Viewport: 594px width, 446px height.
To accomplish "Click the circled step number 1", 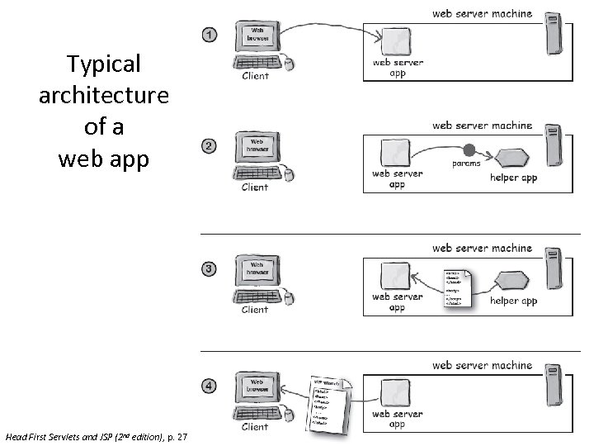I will point(210,35).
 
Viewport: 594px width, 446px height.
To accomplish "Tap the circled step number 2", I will point(210,146).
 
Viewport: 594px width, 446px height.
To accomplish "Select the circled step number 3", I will point(210,268).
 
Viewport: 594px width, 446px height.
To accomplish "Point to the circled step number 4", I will point(210,386).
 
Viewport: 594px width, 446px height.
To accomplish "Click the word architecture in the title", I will point(104,95).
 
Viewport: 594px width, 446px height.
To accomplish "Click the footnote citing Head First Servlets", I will point(96,436).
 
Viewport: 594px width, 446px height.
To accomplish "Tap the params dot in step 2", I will point(469,151).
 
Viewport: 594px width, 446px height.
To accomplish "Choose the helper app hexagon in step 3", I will point(513,278).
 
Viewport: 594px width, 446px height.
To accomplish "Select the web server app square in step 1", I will point(396,41).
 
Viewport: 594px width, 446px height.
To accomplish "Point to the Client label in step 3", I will point(255,310).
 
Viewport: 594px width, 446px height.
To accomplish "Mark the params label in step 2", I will point(465,164).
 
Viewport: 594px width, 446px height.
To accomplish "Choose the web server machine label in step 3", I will point(482,248).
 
